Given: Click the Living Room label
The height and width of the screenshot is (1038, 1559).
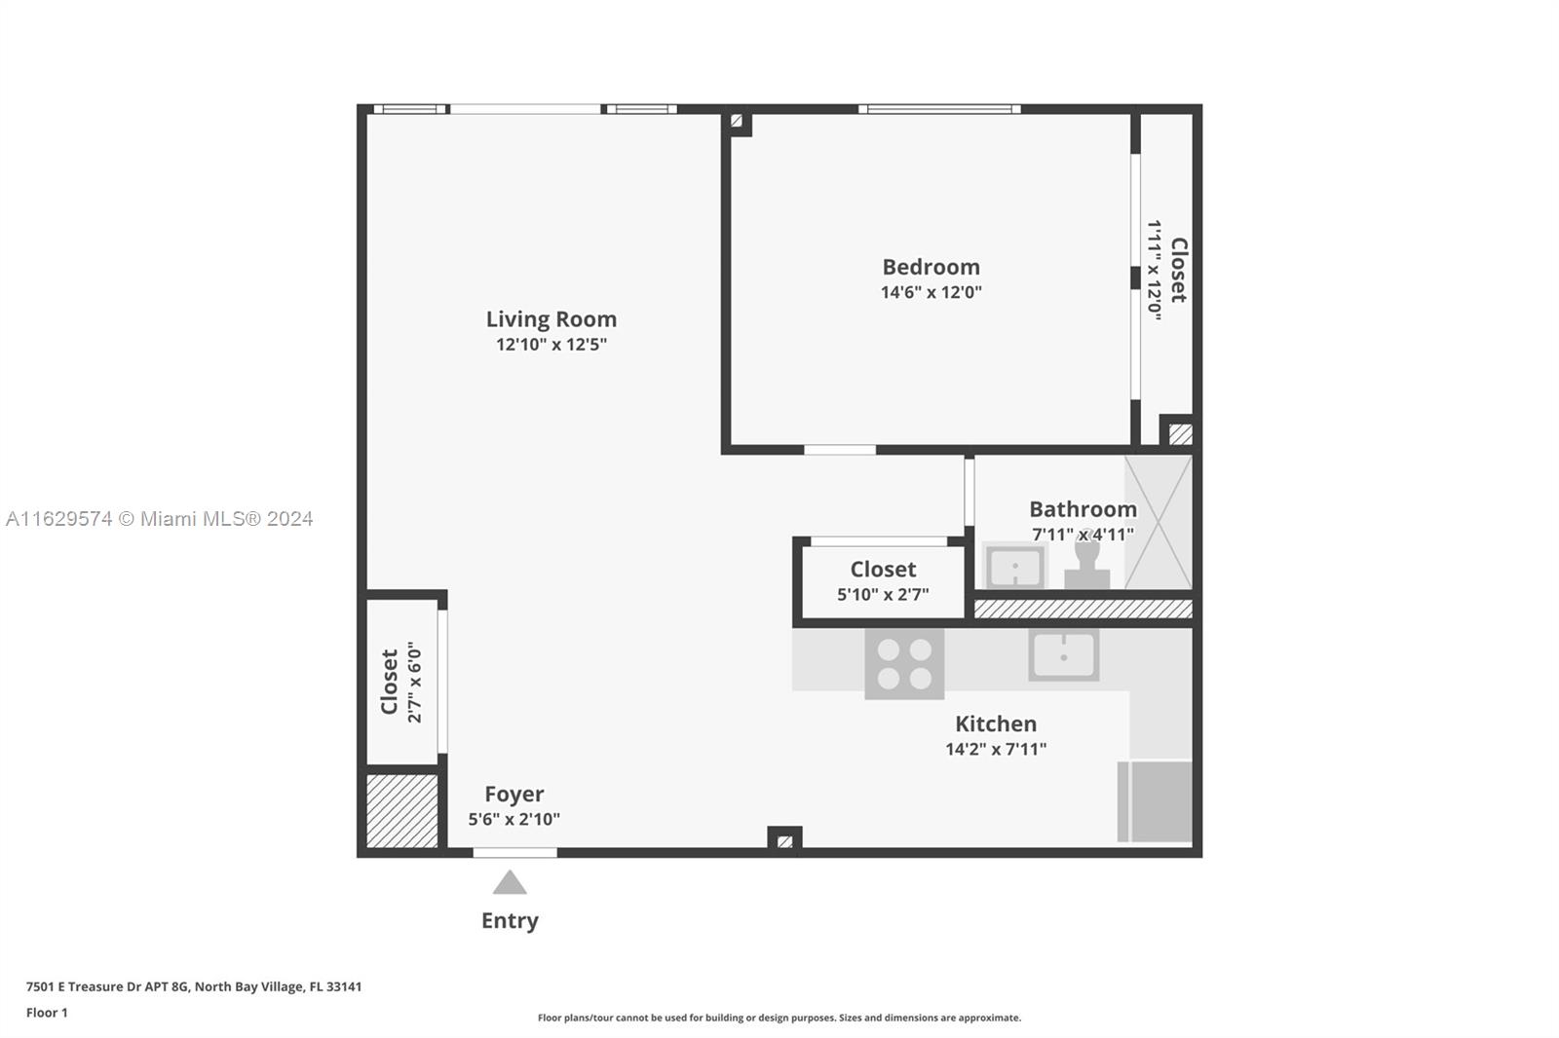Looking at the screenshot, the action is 551,319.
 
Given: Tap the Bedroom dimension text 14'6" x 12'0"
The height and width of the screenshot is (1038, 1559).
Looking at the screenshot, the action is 932,292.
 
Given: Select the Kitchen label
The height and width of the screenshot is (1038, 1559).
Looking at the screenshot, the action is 996,723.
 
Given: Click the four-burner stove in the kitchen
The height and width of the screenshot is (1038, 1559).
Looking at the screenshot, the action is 904,664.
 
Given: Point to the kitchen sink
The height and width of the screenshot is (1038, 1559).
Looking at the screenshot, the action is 1063,654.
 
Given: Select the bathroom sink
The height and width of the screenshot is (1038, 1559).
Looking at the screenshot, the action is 1015,566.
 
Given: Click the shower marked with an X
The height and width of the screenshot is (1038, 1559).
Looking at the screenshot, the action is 1159,523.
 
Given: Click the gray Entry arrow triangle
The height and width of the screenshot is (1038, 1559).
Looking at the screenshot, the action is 510,882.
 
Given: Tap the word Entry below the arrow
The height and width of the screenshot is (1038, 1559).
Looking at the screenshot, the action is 511,920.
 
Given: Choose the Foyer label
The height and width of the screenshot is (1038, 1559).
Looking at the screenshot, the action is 514,794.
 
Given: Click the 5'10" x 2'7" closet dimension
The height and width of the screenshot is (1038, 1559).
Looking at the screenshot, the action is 883,595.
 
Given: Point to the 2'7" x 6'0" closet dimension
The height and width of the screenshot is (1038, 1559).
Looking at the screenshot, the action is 415,682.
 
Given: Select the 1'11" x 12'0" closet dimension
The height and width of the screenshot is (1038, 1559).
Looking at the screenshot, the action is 1154,270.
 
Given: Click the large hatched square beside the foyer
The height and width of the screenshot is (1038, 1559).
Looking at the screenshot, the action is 402,810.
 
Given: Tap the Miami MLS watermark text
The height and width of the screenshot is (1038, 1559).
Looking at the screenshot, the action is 160,519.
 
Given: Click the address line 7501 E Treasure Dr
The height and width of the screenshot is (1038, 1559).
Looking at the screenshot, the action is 194,986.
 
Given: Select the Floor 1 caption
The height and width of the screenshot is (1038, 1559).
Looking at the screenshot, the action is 48,1013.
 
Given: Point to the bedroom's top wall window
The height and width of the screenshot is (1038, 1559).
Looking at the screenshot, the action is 939,109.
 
